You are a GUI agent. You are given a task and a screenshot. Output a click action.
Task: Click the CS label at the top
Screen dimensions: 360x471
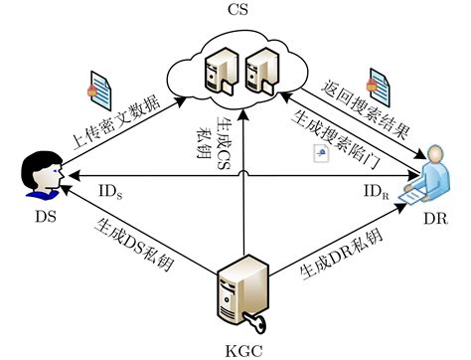[x=235, y=11]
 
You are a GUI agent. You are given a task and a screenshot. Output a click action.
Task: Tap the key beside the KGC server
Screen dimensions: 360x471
[x=258, y=319]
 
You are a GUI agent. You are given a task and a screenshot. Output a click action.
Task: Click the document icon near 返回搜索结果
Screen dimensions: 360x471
[x=376, y=81]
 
